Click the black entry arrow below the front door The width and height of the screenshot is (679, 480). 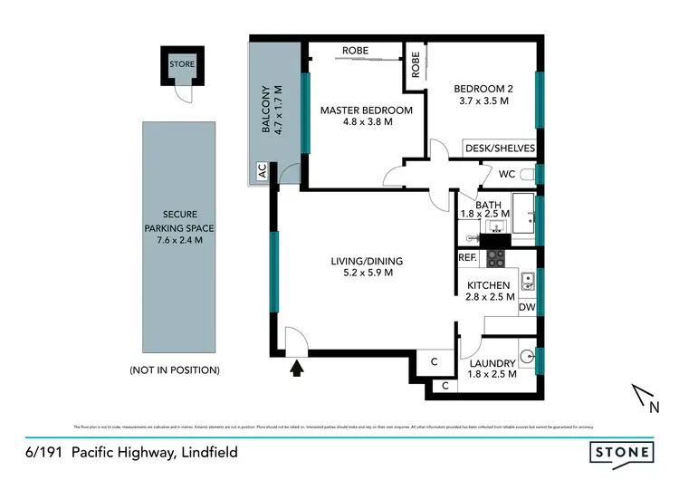(x=297, y=368)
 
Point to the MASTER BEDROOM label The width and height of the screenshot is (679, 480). (x=366, y=110)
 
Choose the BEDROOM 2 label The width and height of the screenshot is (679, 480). (x=483, y=88)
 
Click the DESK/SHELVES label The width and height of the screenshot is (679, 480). (x=500, y=149)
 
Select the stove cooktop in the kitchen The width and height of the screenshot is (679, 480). (x=495, y=259)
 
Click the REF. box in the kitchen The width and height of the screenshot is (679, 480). (x=467, y=258)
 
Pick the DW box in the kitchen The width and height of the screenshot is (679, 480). (x=527, y=308)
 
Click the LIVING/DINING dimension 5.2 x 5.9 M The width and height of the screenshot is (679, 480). (x=366, y=274)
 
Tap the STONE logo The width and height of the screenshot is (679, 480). (x=621, y=451)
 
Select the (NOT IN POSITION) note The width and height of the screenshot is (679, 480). (x=175, y=370)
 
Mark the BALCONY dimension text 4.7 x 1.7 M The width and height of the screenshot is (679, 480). (x=280, y=110)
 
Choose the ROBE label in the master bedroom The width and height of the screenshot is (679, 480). (x=356, y=51)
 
